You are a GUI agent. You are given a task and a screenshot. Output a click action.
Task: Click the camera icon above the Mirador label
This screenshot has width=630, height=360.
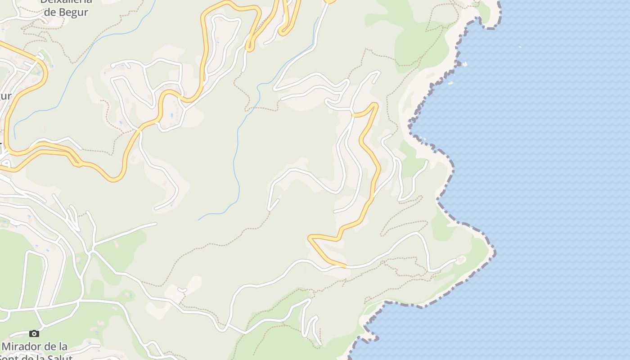34,333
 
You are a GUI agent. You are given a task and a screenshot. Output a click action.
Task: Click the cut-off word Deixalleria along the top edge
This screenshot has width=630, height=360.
66,1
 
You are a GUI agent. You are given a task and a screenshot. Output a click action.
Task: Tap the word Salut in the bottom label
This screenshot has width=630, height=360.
59,357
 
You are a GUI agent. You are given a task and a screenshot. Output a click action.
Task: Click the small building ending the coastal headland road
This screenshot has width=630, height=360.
460,260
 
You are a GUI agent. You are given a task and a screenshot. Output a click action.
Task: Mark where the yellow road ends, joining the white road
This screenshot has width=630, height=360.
346,267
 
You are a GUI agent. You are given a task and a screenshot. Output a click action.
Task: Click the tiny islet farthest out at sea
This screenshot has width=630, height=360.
520,46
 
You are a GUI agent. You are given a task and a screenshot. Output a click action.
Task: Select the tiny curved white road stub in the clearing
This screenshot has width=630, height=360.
182,290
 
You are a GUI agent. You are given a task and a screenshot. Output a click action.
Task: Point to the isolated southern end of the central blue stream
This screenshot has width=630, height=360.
199,220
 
